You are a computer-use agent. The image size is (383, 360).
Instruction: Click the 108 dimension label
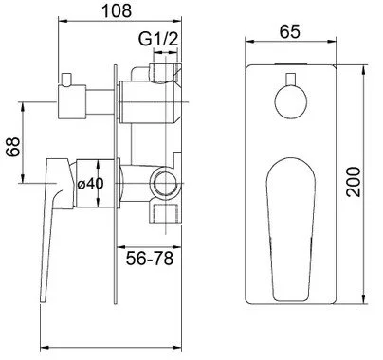[117, 10]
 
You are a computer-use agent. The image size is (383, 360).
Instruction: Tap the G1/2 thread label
[158, 40]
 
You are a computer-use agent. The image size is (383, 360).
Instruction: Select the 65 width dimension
[289, 31]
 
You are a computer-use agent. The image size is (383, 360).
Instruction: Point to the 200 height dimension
[353, 182]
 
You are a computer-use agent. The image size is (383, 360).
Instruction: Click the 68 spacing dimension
[14, 147]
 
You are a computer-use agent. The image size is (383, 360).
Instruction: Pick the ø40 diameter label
[90, 183]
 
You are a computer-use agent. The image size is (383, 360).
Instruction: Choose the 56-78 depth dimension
[150, 259]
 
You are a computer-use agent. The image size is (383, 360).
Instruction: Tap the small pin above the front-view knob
[290, 80]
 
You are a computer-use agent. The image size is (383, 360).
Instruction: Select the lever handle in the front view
[291, 229]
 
